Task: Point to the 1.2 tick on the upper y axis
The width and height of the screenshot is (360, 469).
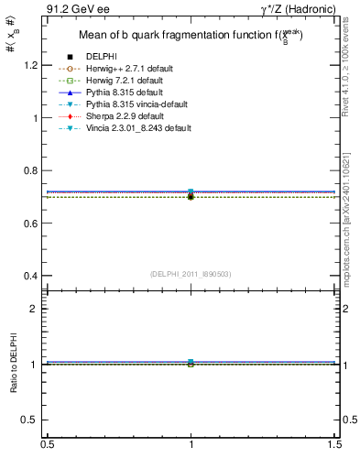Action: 32,66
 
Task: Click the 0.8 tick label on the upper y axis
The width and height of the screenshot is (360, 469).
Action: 32,171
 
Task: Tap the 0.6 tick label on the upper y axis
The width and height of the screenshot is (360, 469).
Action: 32,224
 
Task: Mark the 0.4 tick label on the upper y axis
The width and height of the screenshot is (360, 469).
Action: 32,276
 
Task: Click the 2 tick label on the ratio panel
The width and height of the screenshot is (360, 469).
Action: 37,309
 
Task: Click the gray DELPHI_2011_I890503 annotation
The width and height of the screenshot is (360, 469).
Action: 191,274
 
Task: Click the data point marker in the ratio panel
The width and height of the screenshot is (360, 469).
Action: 191,364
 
